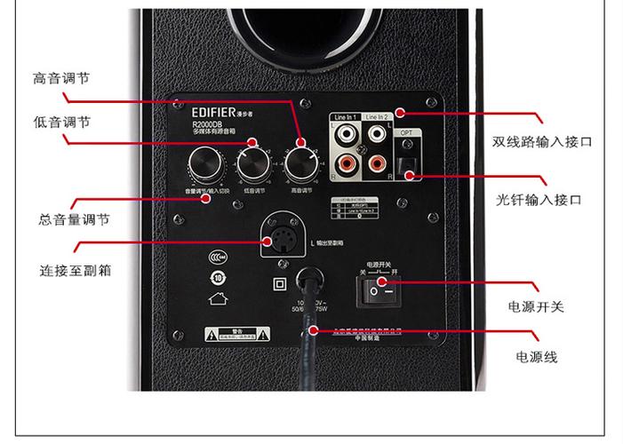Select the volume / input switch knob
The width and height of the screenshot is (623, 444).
coord(204,166)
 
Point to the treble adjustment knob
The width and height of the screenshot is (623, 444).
coord(301,163)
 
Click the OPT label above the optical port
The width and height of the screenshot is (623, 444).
coord(407,130)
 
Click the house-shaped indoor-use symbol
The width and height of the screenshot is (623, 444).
coord(214,298)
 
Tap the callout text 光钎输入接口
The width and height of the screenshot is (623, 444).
coord(539,200)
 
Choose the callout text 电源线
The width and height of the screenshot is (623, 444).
coord(537,357)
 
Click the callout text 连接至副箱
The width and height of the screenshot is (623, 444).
coord(75,269)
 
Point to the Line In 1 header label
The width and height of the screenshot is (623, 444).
coord(345,117)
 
